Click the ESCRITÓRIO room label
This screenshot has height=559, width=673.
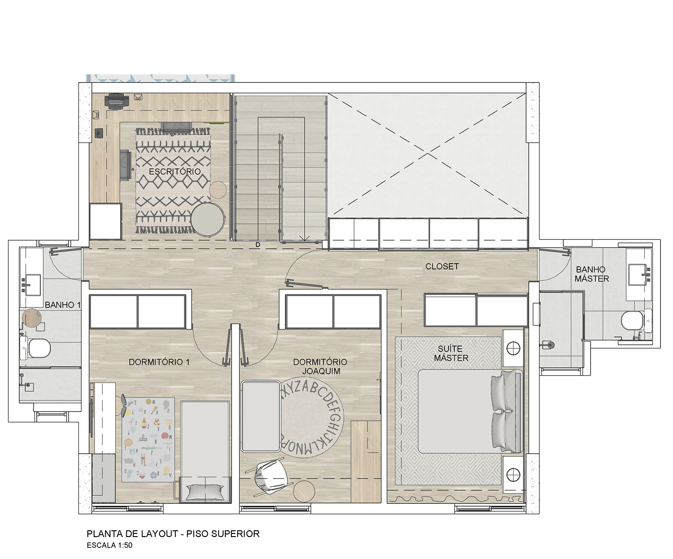175,171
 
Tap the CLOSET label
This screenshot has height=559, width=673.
442,266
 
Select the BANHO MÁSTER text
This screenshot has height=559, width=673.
592,274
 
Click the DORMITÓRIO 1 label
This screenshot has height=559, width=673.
159,362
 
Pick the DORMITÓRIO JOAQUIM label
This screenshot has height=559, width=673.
320,366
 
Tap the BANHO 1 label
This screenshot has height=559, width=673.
63,305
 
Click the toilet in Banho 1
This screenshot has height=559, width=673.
35,348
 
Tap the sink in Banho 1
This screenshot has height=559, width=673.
31,285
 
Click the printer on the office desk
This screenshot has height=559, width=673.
116,101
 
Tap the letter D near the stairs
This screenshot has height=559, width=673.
258,245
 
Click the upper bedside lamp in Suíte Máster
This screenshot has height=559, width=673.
513,348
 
